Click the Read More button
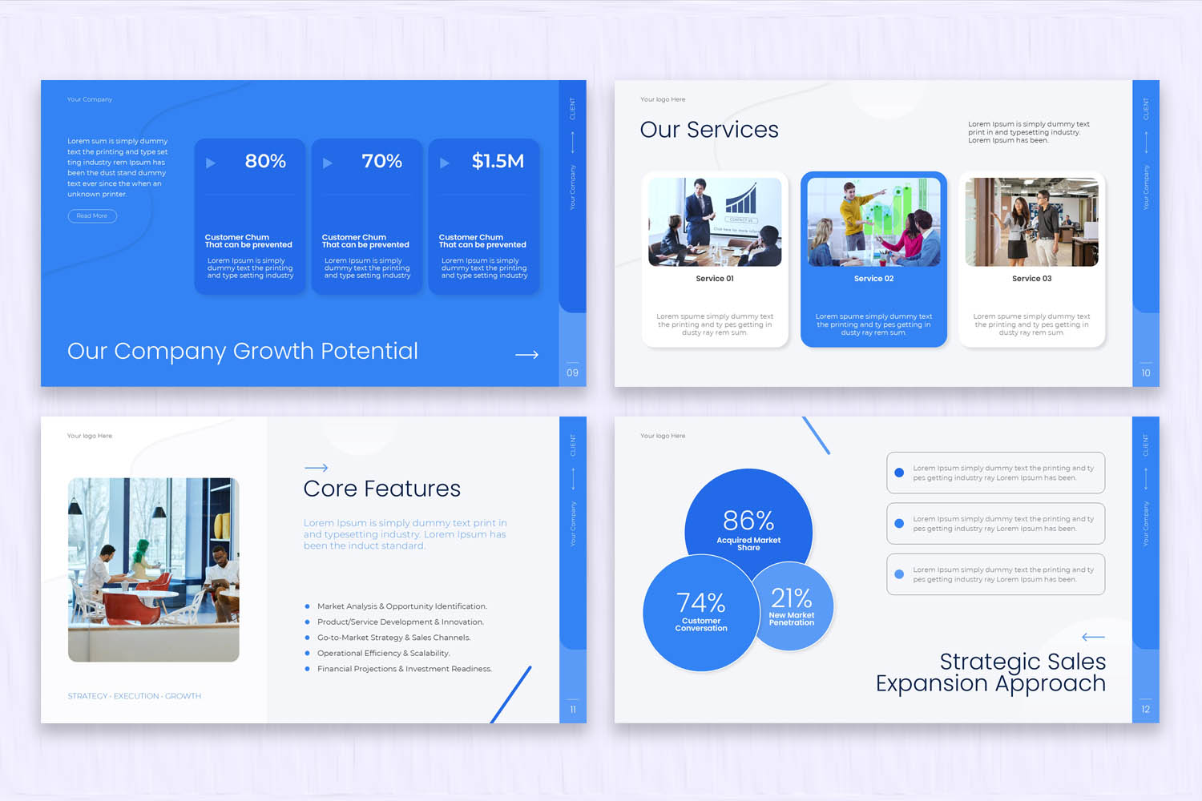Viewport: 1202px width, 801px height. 92,215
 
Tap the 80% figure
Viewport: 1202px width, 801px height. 265,161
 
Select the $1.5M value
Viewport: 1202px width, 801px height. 498,161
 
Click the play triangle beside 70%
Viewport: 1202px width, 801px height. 327,163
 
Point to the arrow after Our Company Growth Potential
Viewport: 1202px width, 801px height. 526,354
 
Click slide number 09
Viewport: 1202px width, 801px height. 572,372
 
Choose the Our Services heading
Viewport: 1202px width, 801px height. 709,130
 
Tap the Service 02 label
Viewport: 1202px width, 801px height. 873,279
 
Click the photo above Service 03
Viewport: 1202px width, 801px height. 1031,222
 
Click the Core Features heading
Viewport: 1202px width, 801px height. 381,489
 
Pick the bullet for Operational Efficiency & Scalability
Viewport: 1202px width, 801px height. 307,653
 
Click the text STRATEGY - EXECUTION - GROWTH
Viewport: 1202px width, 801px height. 135,696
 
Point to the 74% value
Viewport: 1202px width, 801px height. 700,602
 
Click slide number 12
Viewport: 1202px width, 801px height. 1145,709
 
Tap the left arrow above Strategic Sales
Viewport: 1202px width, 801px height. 1093,637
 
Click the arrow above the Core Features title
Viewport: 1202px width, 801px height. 316,467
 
